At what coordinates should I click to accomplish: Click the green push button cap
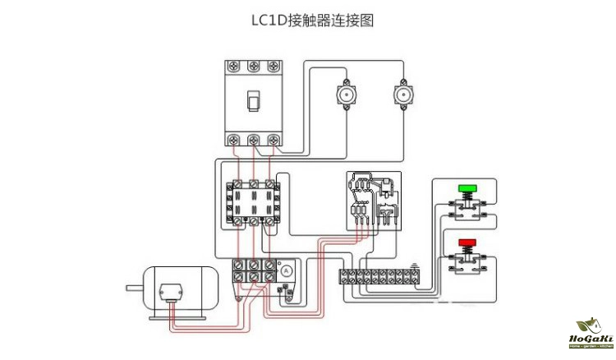pyautogui.click(x=467, y=188)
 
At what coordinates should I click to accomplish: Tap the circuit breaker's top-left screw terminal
pyautogui.click(x=236, y=67)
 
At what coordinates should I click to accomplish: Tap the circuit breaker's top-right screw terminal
pyautogui.click(x=271, y=67)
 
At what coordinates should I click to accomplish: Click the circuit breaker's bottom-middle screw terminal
pyautogui.click(x=254, y=139)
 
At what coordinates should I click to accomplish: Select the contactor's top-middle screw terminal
pyautogui.click(x=254, y=186)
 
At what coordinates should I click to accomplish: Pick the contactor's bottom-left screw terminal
pyautogui.click(x=237, y=220)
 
